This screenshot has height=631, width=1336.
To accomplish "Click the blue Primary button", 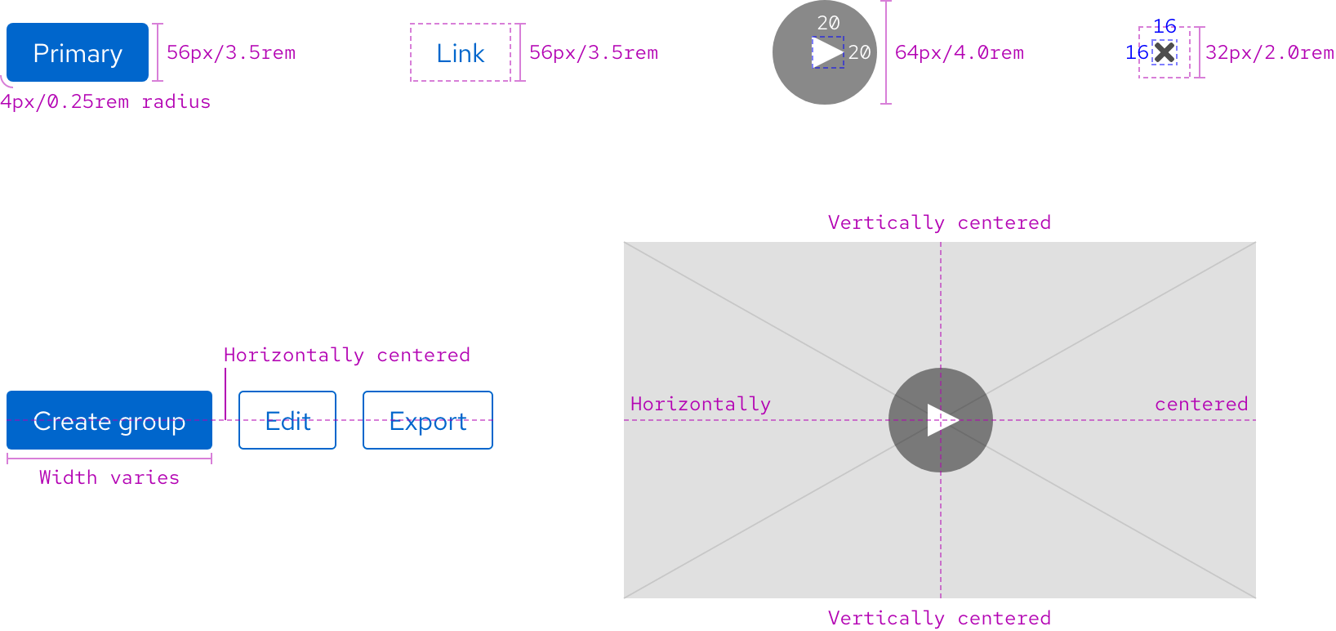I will [x=78, y=52].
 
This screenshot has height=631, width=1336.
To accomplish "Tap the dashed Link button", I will [x=461, y=52].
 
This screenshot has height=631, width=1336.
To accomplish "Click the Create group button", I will [x=109, y=420].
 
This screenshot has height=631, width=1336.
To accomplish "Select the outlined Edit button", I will [x=287, y=420].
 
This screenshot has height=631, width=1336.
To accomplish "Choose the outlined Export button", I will [x=428, y=420].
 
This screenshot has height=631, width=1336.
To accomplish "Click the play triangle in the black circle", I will [x=826, y=52].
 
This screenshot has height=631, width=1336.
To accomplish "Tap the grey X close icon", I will [x=1165, y=52].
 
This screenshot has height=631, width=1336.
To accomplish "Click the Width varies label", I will [x=109, y=477].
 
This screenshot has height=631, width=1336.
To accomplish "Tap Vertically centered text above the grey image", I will [x=939, y=222].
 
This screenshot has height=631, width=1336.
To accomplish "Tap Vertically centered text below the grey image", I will [x=939, y=618].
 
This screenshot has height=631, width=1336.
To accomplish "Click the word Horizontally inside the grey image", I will [x=701, y=404].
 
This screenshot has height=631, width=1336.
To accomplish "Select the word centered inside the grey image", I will [x=1201, y=404].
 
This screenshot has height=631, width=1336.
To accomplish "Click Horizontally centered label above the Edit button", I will [x=347, y=355].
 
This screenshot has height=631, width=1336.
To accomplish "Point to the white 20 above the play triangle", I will [x=828, y=23].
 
